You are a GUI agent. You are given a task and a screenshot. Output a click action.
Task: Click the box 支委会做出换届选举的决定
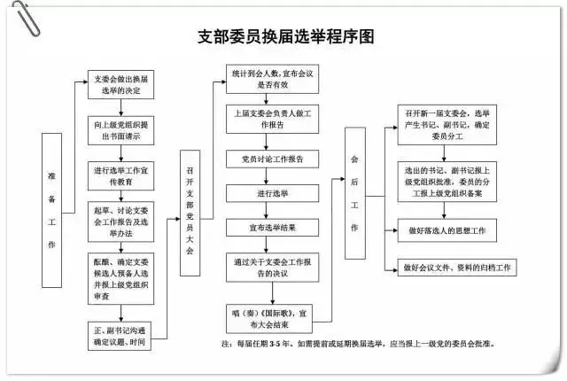[x=122, y=85]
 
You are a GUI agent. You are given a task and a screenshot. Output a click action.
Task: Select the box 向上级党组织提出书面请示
[x=122, y=131]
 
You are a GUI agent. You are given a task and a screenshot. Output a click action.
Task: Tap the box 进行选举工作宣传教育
[x=122, y=174]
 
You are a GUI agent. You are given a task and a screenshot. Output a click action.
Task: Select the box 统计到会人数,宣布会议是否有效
[x=267, y=78]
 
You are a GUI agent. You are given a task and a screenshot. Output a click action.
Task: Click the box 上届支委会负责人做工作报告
[x=267, y=121]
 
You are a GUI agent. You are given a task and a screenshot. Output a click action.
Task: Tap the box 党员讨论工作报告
[x=267, y=159]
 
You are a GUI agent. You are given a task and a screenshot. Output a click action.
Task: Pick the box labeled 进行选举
[x=267, y=192]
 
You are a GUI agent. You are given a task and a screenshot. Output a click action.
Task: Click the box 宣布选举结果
[x=267, y=227]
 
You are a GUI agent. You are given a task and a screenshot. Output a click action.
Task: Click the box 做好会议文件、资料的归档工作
[x=459, y=268]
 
